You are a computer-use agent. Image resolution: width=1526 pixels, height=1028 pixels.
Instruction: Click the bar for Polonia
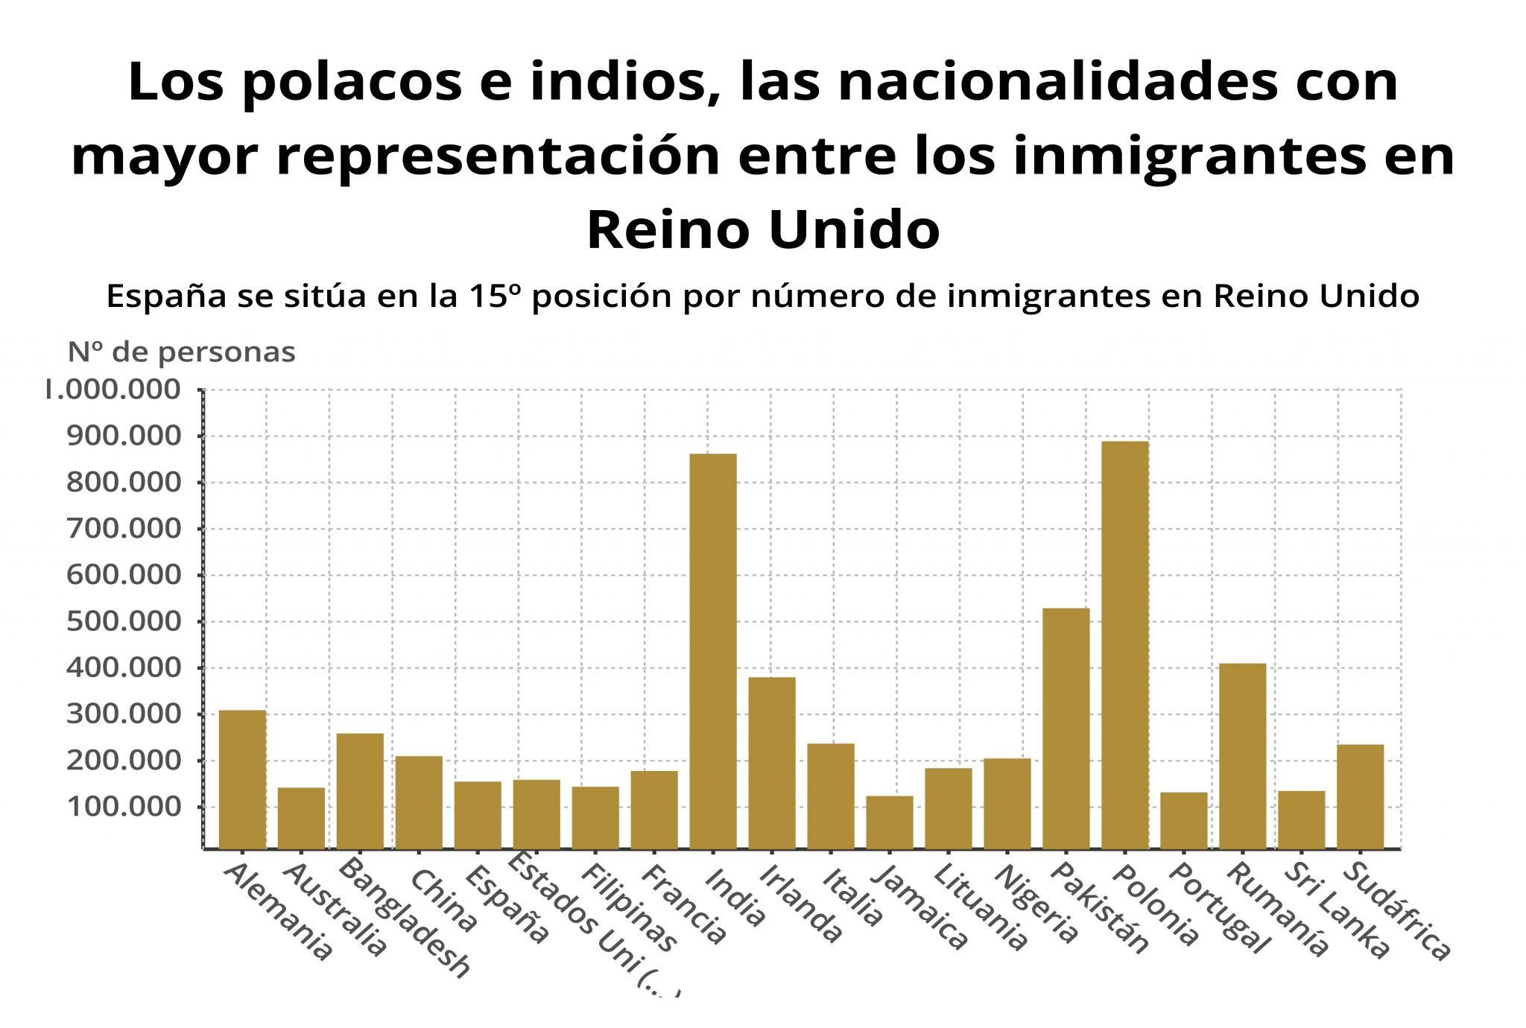point(1125,645)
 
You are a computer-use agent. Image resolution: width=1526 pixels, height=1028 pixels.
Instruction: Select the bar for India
point(713,651)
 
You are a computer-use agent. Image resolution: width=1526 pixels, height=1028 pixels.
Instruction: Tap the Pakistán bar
point(1066,729)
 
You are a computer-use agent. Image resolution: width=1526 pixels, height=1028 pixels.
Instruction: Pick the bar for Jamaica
point(890,822)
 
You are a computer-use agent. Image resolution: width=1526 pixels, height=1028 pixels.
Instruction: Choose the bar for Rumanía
point(1243,756)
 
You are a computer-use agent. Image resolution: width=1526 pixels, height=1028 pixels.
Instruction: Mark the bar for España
point(478,815)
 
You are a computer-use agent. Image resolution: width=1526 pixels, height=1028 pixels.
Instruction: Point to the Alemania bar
point(242,779)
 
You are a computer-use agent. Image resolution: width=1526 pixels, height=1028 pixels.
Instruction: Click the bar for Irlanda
point(772,763)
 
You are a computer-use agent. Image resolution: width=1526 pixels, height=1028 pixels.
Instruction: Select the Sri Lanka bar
point(1302,819)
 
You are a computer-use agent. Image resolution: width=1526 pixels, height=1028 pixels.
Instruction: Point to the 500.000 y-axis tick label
point(124,621)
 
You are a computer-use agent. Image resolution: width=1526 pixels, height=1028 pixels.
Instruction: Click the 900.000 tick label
point(124,436)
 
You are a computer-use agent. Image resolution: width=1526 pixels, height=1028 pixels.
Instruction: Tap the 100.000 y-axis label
point(124,807)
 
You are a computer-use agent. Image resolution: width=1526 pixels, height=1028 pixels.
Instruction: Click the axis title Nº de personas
point(182,352)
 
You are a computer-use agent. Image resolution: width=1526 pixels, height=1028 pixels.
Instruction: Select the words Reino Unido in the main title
point(763,229)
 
